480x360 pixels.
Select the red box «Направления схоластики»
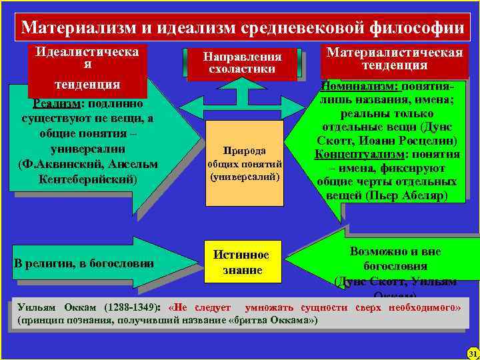(x=242, y=63)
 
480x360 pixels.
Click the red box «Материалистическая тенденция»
(x=394, y=59)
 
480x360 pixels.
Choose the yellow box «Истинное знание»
(x=241, y=262)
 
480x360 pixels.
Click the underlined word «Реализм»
(x=55, y=103)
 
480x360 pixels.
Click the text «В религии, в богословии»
(x=84, y=263)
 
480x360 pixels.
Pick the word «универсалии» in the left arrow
(x=84, y=149)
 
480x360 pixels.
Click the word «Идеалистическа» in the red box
(x=87, y=51)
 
